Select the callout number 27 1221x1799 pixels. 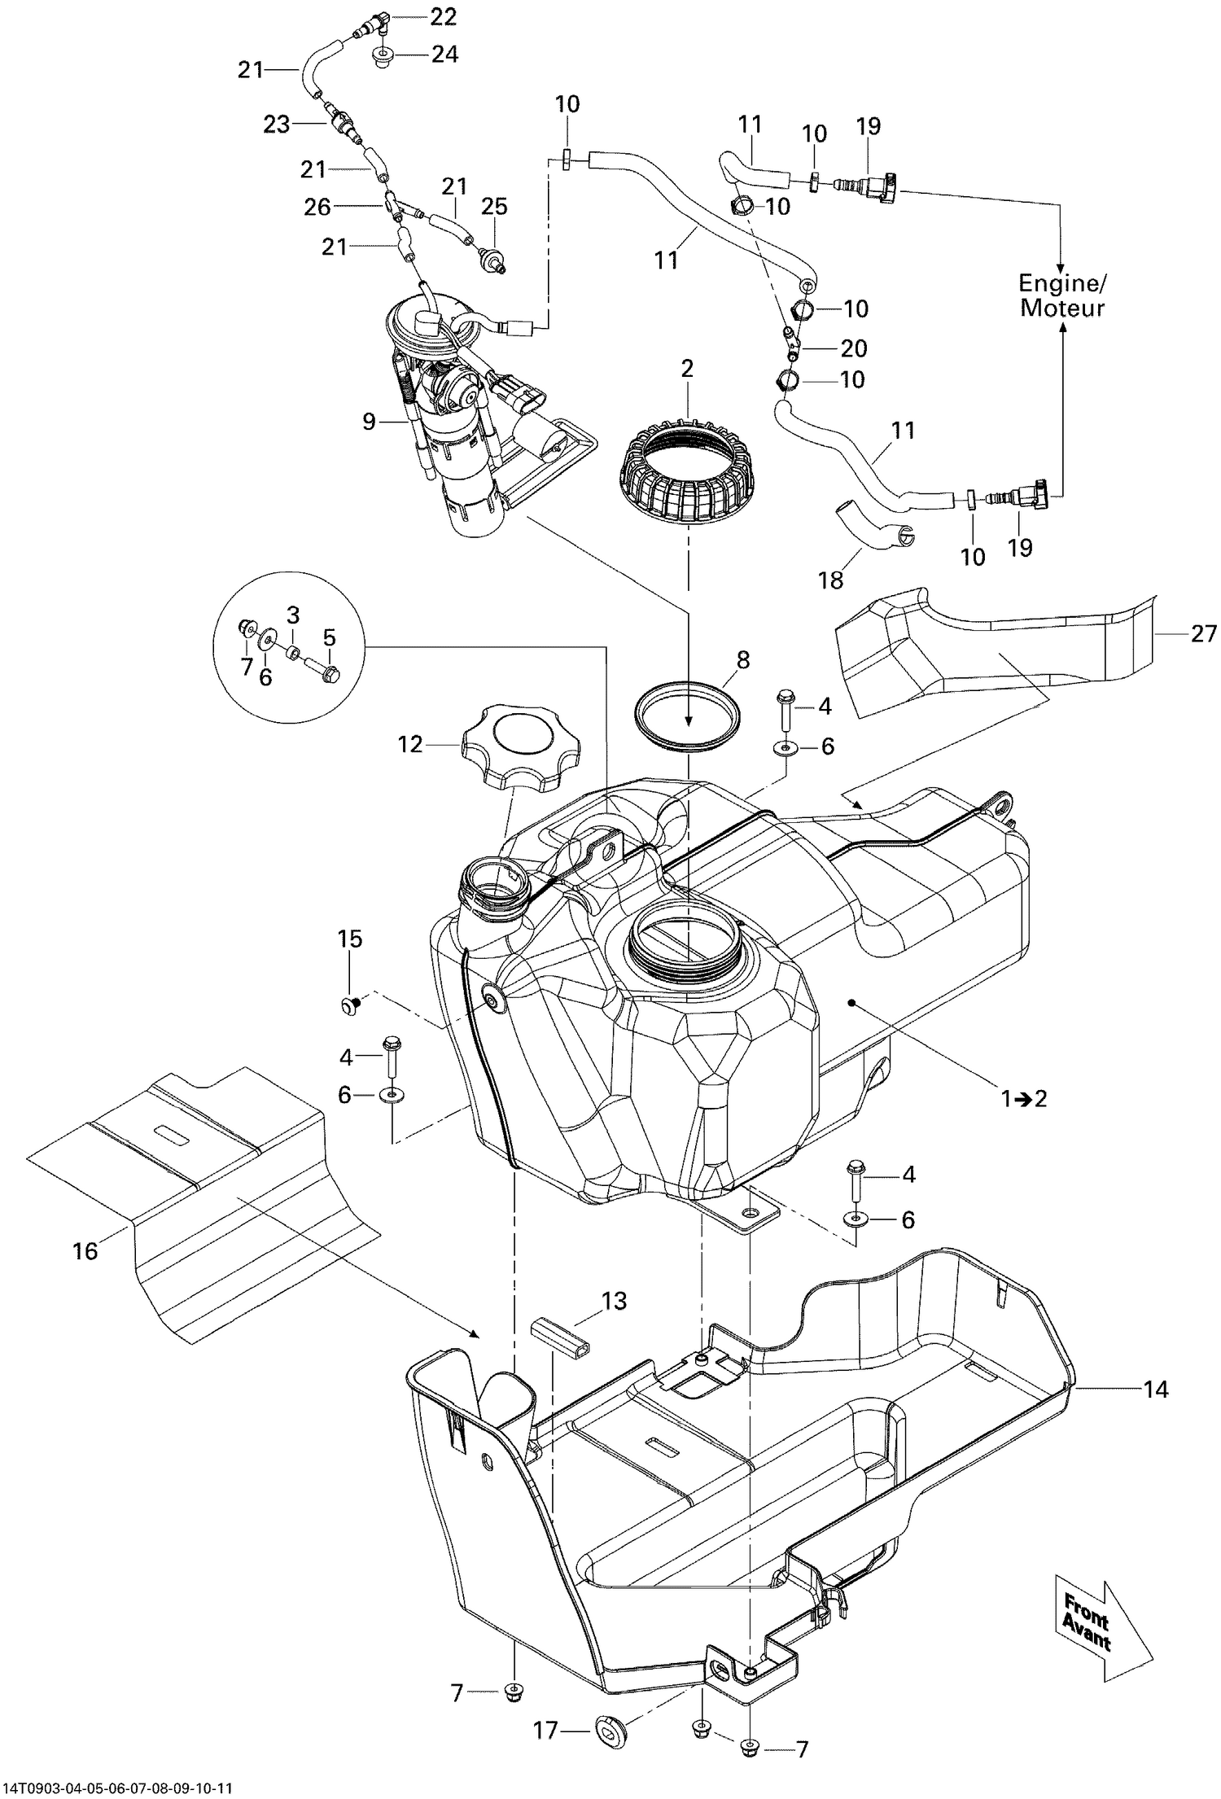pyautogui.click(x=1203, y=633)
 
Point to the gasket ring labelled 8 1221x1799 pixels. pyautogui.click(x=689, y=704)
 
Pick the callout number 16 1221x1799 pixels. pyautogui.click(x=85, y=1250)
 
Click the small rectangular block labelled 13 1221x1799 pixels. pyautogui.click(x=559, y=1338)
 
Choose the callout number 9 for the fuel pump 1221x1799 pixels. pyautogui.click(x=369, y=422)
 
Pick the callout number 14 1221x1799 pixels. pyautogui.click(x=1155, y=1390)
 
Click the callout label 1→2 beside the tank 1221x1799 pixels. pyautogui.click(x=1024, y=1098)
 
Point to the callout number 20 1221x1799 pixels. pyautogui.click(x=853, y=348)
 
